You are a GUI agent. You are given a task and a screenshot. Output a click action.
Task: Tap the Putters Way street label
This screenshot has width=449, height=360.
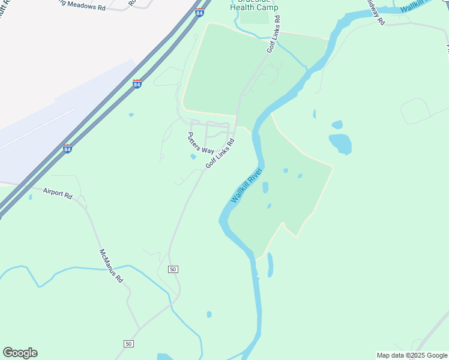[200, 143]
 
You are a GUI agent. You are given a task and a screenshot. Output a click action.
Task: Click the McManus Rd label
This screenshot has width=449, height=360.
[111, 266]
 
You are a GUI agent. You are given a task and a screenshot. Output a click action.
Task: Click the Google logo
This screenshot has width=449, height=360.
[20, 353]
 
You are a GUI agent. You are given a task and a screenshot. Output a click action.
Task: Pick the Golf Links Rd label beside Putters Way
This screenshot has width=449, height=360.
[219, 154]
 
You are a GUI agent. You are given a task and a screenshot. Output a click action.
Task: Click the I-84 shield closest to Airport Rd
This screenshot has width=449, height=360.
[67, 148]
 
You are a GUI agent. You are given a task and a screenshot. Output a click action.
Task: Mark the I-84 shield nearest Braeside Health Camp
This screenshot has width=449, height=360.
[199, 13]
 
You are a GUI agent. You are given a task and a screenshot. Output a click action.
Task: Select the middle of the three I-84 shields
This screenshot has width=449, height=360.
[137, 84]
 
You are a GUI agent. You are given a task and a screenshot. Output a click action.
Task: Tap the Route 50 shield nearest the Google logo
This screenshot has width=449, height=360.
[128, 343]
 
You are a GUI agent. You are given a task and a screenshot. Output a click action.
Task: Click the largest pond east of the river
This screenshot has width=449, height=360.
[340, 143]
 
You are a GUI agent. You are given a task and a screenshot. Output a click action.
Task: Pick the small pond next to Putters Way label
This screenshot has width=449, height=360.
[193, 157]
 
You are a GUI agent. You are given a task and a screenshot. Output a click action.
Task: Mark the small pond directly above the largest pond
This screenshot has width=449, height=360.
[337, 125]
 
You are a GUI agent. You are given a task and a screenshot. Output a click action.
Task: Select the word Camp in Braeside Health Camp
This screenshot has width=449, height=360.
[268, 8]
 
